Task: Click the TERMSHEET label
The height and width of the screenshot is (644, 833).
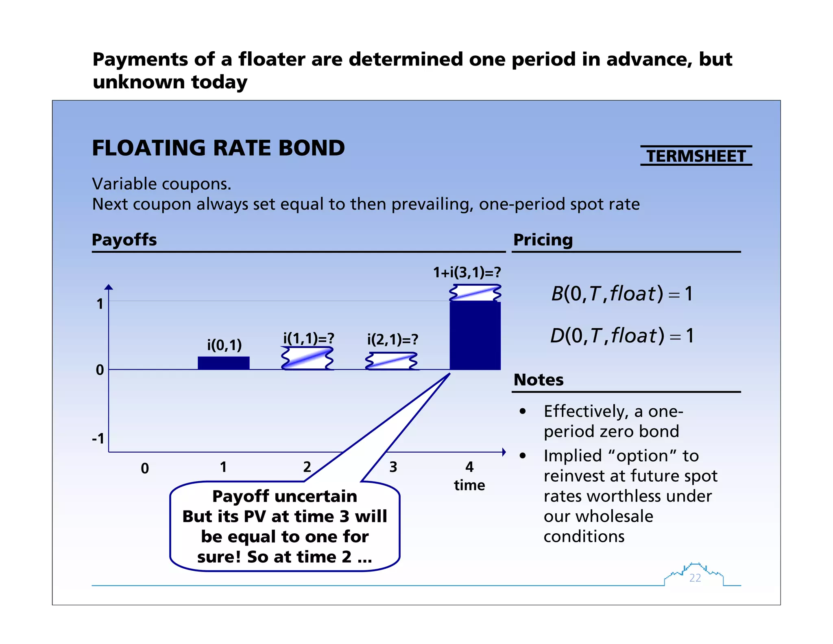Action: [x=696, y=156]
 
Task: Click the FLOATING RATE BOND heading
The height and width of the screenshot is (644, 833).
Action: [x=218, y=148]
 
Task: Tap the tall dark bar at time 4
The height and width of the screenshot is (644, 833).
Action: [x=475, y=335]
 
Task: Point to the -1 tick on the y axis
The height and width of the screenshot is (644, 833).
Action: [x=98, y=439]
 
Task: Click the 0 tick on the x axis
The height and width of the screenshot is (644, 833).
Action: [x=145, y=468]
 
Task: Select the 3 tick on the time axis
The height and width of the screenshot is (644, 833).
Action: [x=393, y=467]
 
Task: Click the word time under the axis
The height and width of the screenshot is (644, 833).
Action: [x=469, y=485]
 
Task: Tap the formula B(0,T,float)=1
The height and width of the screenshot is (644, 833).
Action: [x=621, y=294]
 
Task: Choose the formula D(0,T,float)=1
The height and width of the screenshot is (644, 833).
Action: [x=621, y=336]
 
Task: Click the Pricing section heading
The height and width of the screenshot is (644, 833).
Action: [x=543, y=240]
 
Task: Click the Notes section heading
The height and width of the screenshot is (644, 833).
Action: [x=539, y=380]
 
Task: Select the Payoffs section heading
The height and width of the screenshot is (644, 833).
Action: [x=124, y=240]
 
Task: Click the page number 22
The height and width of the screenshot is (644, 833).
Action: [x=695, y=578]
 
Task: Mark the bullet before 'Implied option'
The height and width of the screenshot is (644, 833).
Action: [x=523, y=456]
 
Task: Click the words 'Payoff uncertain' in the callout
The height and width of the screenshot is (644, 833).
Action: [x=285, y=496]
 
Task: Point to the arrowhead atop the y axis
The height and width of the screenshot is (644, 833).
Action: [x=109, y=287]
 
